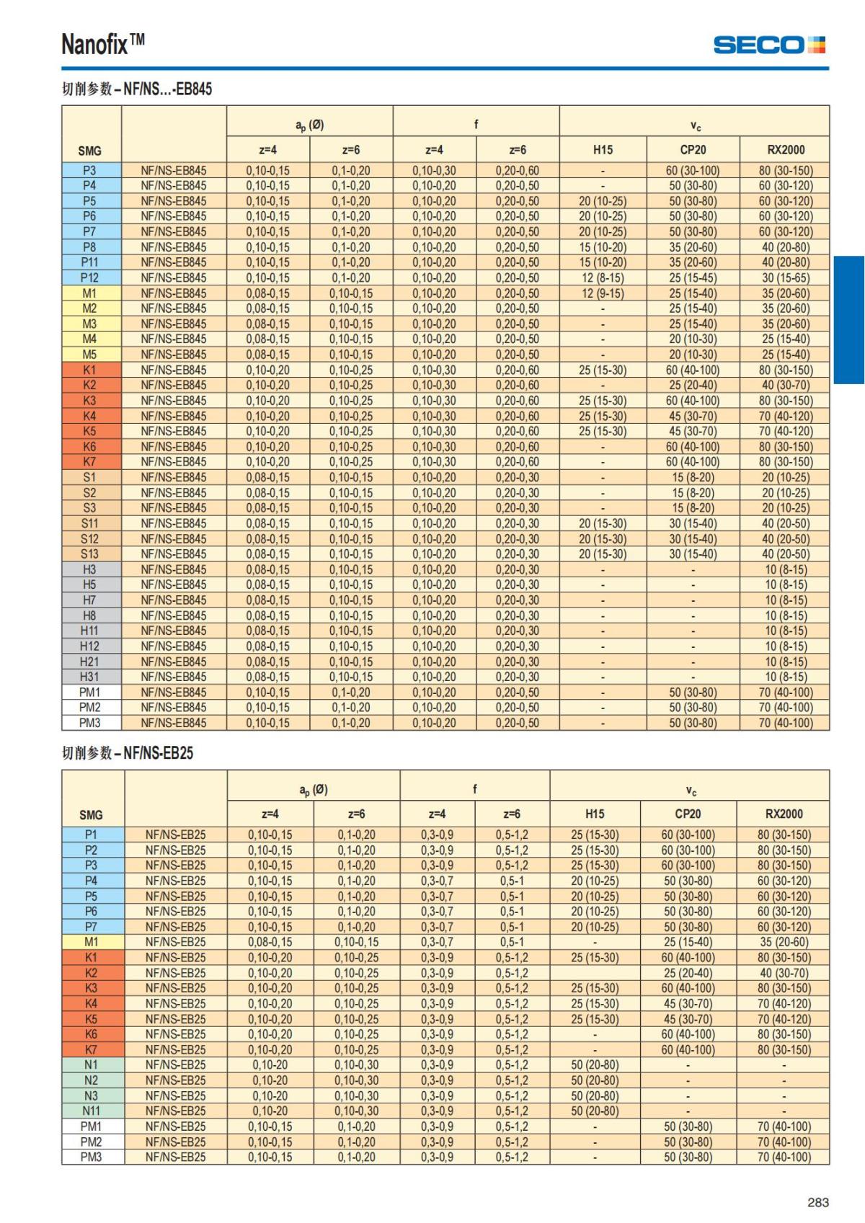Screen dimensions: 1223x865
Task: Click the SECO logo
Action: tap(769, 45)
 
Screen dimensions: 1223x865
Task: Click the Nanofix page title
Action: tap(103, 45)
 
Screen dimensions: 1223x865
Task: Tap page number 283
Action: tap(818, 1202)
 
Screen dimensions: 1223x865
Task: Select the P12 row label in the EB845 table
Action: tap(89, 277)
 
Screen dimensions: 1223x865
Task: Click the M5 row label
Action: tap(89, 355)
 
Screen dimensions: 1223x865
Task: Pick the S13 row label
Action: tap(89, 553)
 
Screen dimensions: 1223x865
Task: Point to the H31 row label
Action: tap(89, 677)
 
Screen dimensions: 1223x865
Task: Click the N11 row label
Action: tap(92, 1111)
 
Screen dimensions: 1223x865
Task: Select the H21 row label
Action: tap(89, 662)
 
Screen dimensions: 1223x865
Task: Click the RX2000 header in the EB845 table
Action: tap(785, 150)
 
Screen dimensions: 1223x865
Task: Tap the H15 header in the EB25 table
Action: tap(595, 814)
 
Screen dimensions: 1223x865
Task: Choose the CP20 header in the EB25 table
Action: tap(688, 814)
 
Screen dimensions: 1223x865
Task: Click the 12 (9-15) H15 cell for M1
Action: tap(603, 293)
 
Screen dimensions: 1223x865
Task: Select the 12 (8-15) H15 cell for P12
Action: tap(603, 277)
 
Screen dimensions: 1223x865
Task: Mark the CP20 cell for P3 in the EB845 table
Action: tap(693, 171)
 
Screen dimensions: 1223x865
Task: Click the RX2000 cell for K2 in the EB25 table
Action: tap(784, 973)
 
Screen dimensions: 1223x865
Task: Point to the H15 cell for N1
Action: tap(595, 1064)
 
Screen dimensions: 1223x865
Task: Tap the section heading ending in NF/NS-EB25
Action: tap(128, 753)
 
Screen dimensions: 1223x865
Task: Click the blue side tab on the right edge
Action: tap(849, 320)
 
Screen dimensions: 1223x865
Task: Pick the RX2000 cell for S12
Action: tap(785, 538)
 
